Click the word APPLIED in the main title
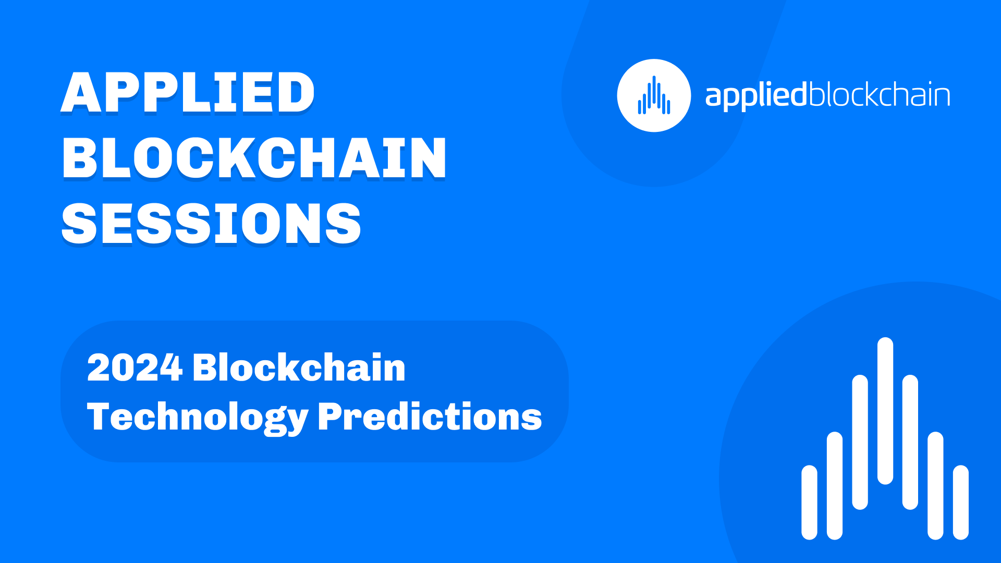coord(188,92)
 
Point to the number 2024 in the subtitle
coord(135,368)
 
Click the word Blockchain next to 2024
coord(299,367)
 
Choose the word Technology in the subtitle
coord(198,417)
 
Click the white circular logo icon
coord(654,95)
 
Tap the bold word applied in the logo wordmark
coord(756,96)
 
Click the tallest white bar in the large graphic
coord(885,411)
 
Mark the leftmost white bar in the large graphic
coord(809,502)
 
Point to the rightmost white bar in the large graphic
coord(961,502)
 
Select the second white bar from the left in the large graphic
coord(835,485)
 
